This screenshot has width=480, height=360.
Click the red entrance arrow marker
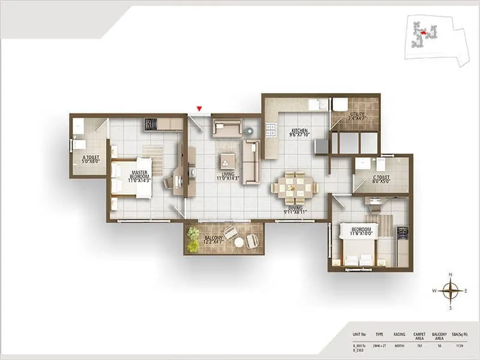click(199, 109)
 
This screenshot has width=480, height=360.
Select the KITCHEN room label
click(299, 133)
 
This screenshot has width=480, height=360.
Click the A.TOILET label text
click(91, 160)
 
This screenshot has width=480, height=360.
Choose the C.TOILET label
click(382, 179)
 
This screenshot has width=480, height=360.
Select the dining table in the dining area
click(295, 187)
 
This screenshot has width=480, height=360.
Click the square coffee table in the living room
click(227, 160)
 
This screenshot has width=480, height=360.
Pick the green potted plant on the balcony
click(193, 239)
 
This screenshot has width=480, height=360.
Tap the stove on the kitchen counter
click(271, 130)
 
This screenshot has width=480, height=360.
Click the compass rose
click(450, 291)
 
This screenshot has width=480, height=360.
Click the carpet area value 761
click(420, 346)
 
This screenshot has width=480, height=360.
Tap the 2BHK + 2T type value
click(379, 346)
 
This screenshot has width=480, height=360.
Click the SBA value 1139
click(460, 346)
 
